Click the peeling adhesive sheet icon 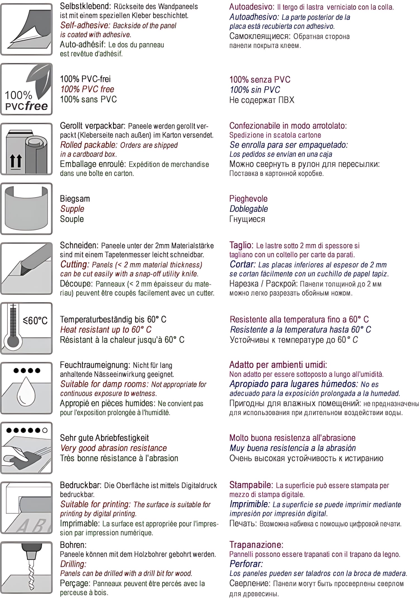tap(27, 29)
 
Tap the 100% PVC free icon tap(27, 89)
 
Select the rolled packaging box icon tap(27, 149)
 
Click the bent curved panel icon tap(27, 209)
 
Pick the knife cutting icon tap(27, 268)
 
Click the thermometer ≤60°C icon tap(27, 328)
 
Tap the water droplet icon tap(27, 388)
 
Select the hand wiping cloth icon tap(27, 448)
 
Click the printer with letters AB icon tap(27, 508)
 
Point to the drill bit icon tap(27, 567)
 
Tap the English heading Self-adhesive tap(85, 25)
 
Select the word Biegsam tap(75, 199)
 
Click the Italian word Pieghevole tap(248, 199)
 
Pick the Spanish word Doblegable tap(249, 209)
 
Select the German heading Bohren tap(73, 545)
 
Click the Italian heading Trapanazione tap(256, 545)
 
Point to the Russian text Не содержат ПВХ tap(262, 100)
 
